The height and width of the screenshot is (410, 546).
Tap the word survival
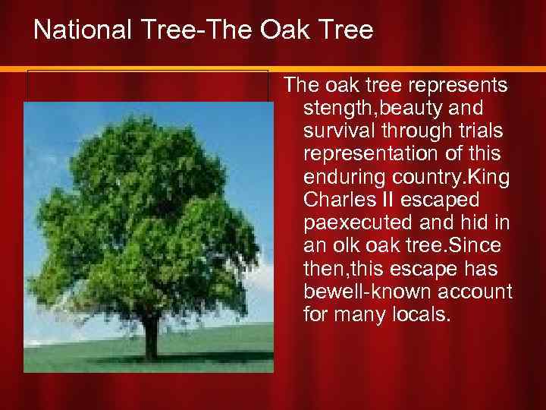coord(336,131)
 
